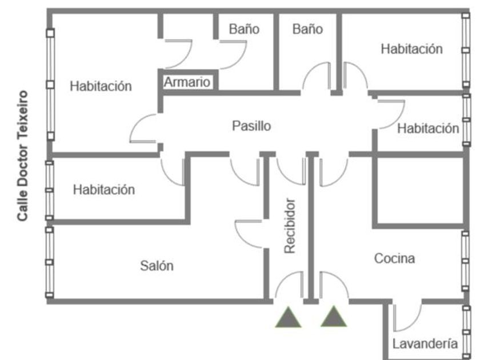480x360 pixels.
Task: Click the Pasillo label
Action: click(251, 126)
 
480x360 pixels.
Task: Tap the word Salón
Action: click(157, 265)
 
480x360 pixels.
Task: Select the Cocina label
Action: click(394, 258)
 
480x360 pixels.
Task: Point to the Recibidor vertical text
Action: click(290, 226)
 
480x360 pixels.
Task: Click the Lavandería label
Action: click(425, 343)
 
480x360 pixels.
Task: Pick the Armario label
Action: click(187, 82)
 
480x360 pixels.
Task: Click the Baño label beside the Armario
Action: click(244, 29)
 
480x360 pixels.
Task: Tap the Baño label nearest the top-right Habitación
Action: click(307, 29)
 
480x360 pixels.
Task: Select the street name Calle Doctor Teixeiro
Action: click(23, 156)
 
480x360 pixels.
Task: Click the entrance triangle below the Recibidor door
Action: click(288, 318)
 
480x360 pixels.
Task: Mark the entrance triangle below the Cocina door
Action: click(333, 317)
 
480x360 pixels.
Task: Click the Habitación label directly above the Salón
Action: click(104, 190)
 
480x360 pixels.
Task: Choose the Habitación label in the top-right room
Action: click(412, 49)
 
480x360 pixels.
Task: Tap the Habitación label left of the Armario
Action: click(101, 86)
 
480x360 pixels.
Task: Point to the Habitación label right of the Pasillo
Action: click(428, 128)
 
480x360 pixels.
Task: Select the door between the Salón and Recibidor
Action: click(249, 234)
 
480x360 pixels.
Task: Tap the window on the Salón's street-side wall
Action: click(49, 262)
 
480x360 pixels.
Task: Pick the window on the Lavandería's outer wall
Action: click(466, 332)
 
